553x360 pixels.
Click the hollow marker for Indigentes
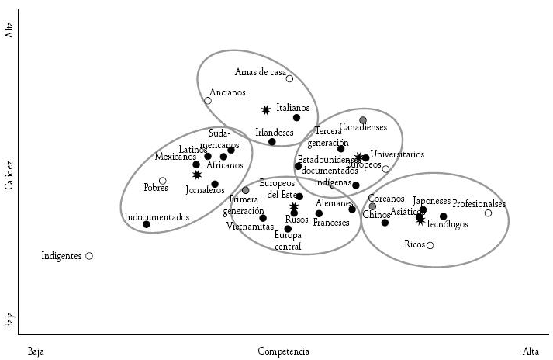coord(89,255)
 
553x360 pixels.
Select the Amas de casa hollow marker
coord(289,78)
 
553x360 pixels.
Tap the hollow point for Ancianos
coord(208,101)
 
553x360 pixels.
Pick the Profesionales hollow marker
coord(488,213)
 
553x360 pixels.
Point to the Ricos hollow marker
coord(430,245)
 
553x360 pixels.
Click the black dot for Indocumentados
coord(147,224)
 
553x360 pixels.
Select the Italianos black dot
coord(296,118)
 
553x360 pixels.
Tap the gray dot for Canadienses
coord(363,119)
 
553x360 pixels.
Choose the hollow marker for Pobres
coord(163,181)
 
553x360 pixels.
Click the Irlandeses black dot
coord(272,141)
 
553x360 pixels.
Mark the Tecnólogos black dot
coord(444,216)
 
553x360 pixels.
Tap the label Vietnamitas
coord(251,227)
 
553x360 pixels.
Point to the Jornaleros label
coord(206,190)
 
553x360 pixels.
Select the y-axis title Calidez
coord(9,175)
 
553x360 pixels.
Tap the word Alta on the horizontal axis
coord(531,351)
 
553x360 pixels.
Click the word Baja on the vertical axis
coord(9,319)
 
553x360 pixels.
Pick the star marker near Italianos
coord(266,110)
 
